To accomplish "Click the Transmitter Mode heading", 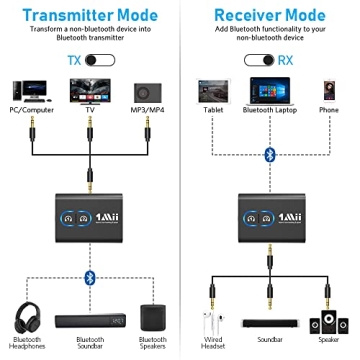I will pos(89,13).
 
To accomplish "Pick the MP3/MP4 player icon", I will pos(149,86).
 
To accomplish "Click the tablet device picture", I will pos(213,88).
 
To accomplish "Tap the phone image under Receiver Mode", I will pos(327,88).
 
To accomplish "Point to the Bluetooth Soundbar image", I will pos(90,318).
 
